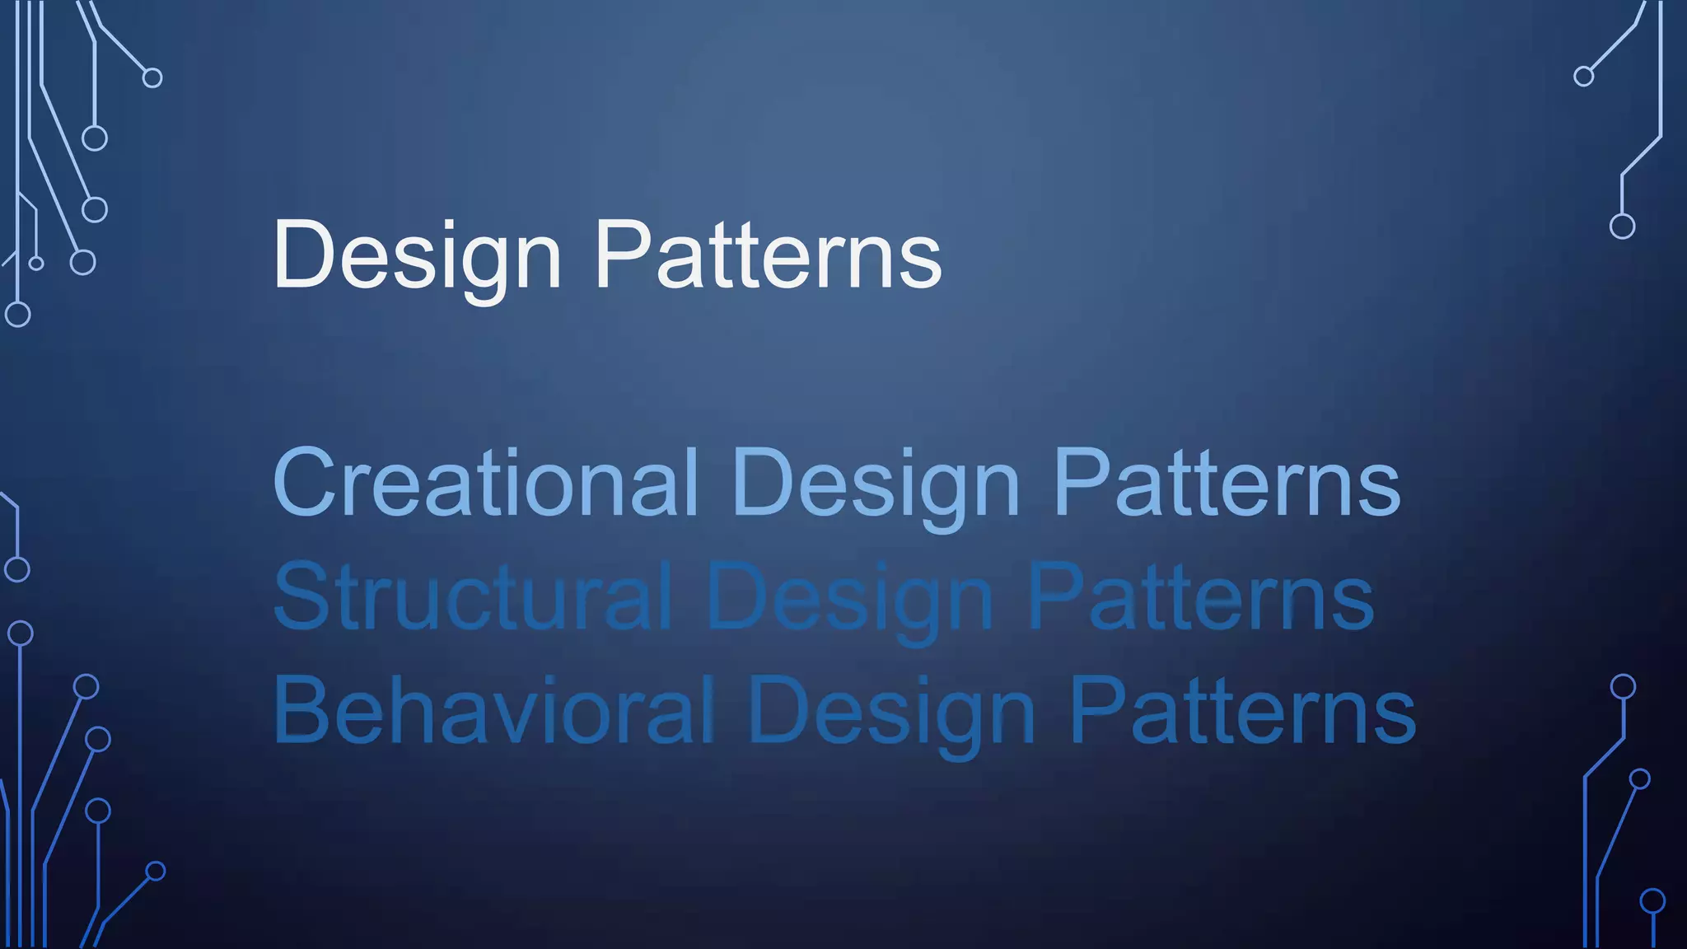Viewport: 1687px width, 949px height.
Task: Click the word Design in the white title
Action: (417, 255)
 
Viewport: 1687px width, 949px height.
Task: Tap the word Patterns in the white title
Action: (768, 255)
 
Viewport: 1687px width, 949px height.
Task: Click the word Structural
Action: (473, 596)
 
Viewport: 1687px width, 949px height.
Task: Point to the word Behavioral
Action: (493, 710)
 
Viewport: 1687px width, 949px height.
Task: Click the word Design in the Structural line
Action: (849, 598)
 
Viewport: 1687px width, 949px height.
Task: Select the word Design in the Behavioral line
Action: (891, 712)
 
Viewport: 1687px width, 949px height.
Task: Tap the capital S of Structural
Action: (297, 596)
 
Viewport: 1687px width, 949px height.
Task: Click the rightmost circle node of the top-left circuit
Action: (152, 78)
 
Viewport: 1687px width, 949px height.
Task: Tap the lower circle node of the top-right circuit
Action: (1622, 226)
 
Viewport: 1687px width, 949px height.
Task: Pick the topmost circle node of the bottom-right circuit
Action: (1623, 686)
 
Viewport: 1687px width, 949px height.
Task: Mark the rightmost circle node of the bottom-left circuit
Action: (156, 872)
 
